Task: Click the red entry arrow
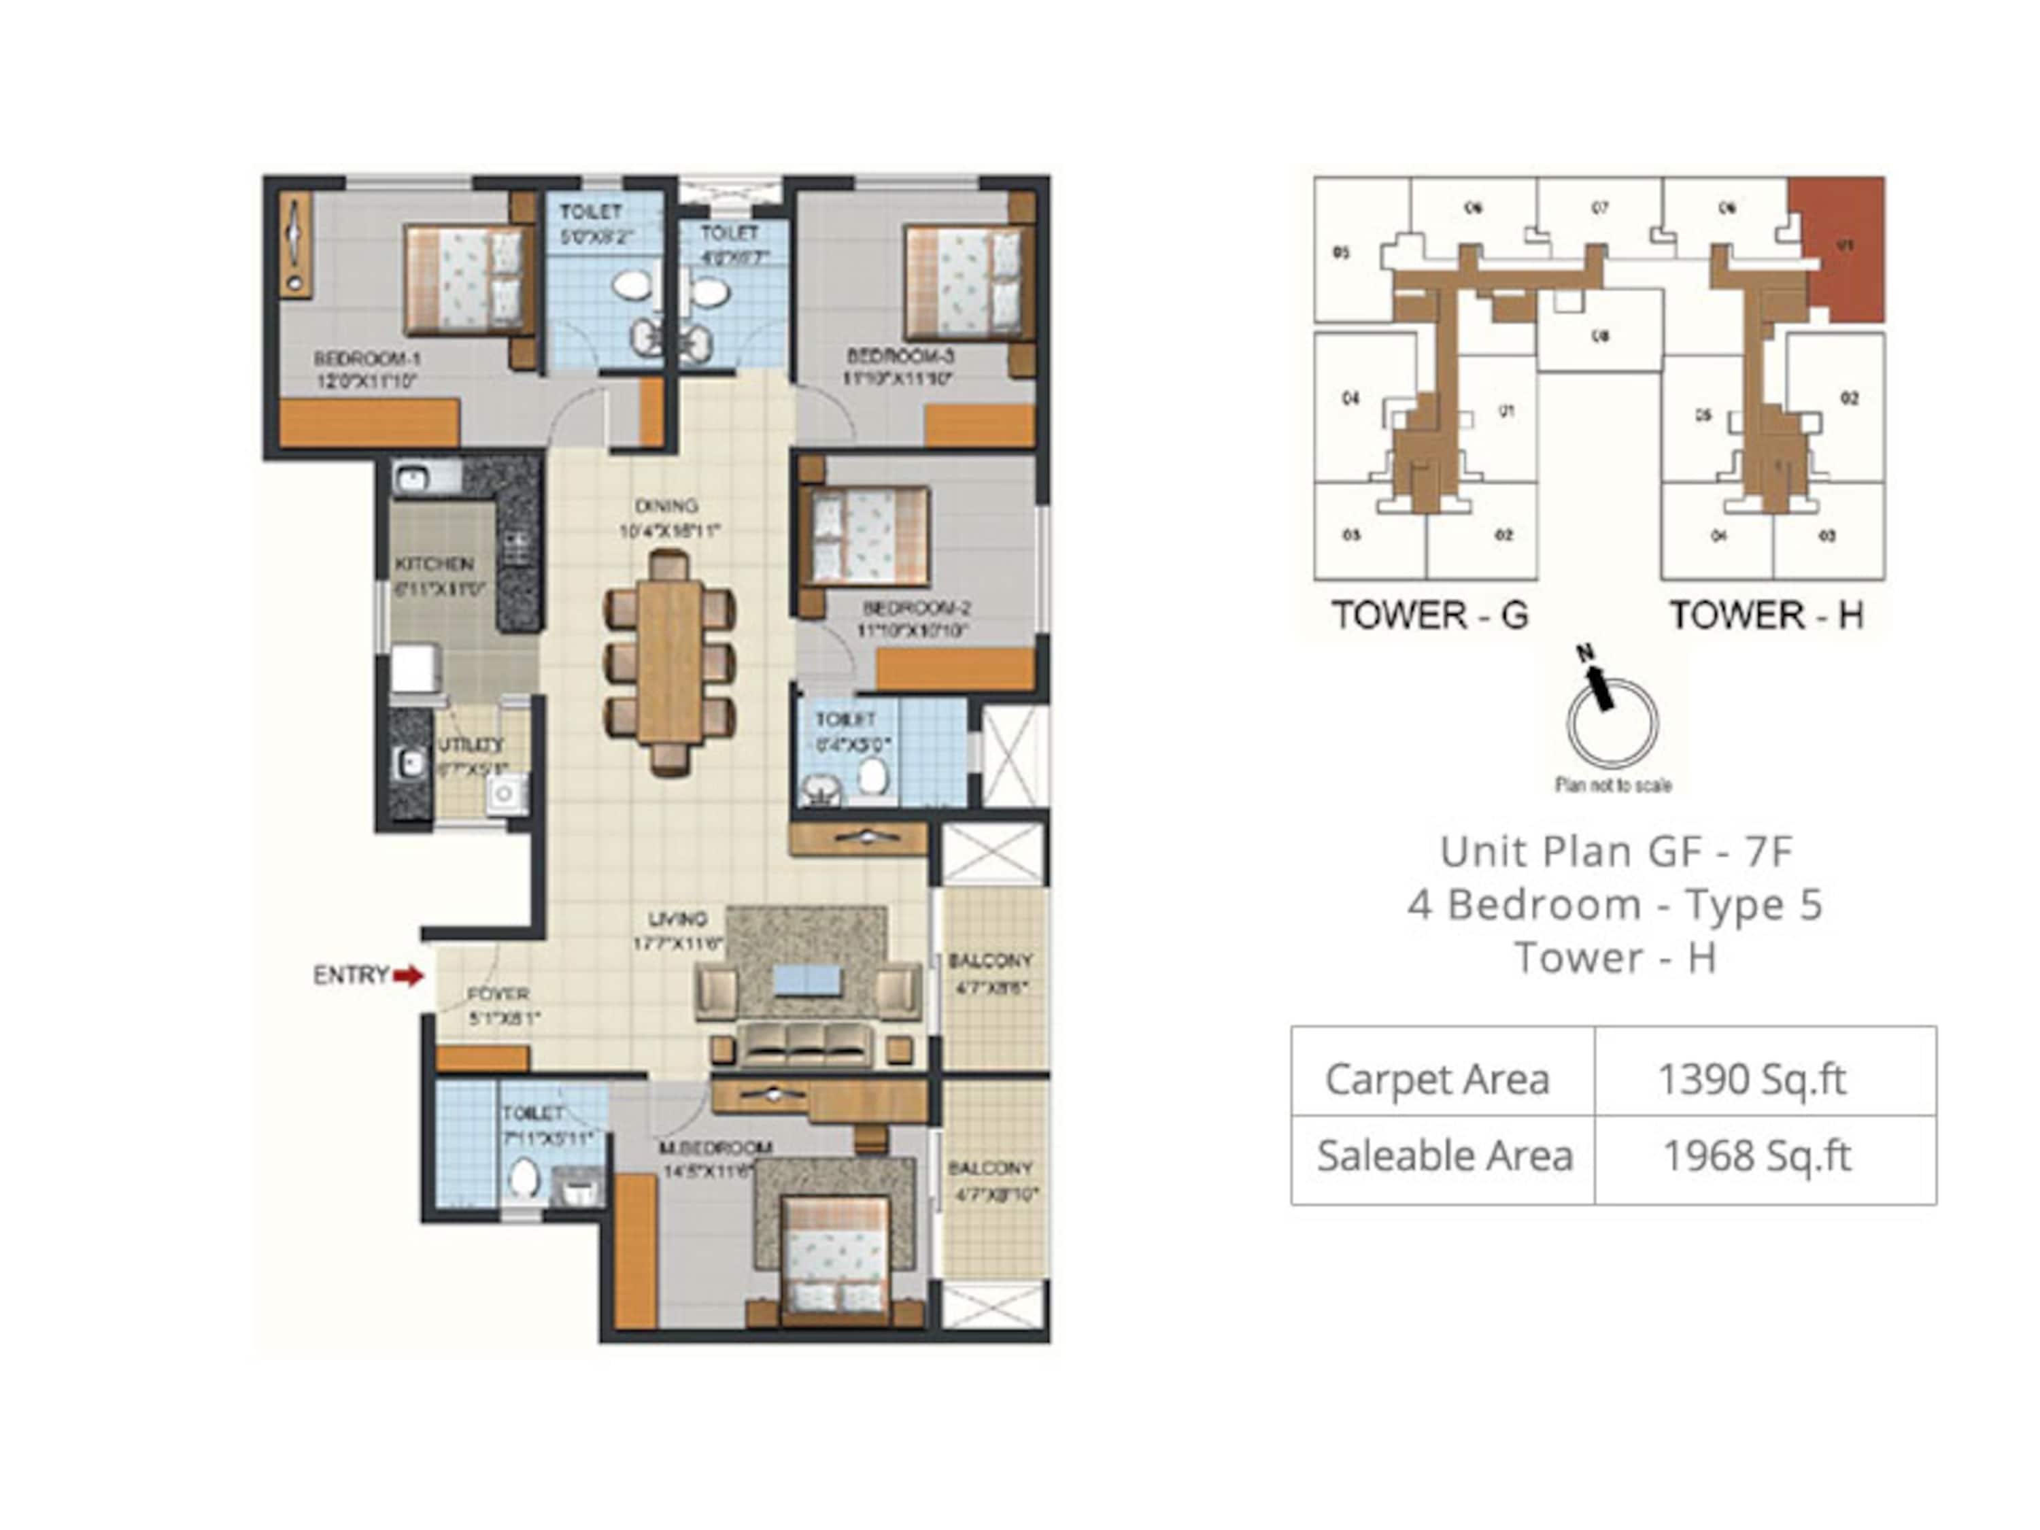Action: [x=407, y=976]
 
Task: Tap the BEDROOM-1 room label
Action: [x=367, y=358]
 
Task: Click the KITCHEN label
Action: [x=435, y=564]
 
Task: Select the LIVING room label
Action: [x=678, y=919]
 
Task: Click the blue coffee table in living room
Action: [x=807, y=979]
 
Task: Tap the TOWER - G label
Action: [x=1429, y=615]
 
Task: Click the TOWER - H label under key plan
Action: [x=1766, y=615]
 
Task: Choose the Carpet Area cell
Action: [x=1437, y=1079]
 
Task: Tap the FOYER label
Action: [x=498, y=994]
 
